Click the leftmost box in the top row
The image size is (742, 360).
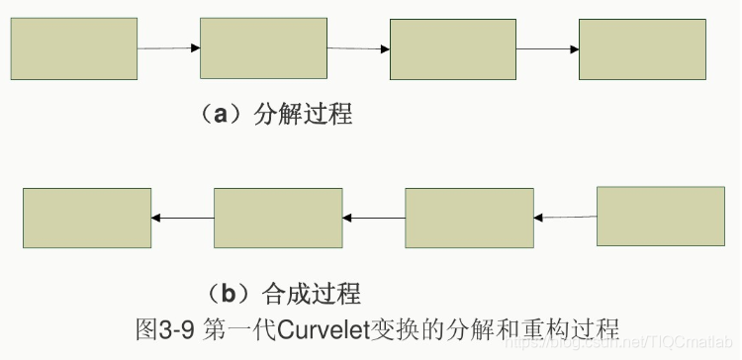tap(73, 47)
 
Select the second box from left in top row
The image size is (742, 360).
tap(263, 47)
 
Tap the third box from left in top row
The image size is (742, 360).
tap(452, 48)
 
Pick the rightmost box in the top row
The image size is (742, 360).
tap(641, 48)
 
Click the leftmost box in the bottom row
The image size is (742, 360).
tap(87, 218)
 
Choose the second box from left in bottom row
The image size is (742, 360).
tap(278, 218)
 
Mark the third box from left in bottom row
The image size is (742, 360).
tap(469, 218)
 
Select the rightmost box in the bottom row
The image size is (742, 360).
tap(660, 216)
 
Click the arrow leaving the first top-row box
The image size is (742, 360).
tap(168, 47)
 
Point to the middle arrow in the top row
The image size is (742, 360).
tap(358, 48)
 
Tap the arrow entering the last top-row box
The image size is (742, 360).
tap(547, 48)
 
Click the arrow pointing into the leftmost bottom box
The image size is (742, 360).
tap(183, 218)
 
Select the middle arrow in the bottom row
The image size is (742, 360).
tap(374, 218)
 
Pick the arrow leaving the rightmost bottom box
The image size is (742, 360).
tap(565, 217)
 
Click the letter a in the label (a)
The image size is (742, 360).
tap(222, 114)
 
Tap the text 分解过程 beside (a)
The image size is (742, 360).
tap(302, 114)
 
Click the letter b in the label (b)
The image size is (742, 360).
tap(228, 293)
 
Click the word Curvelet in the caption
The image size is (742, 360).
tap(323, 325)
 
